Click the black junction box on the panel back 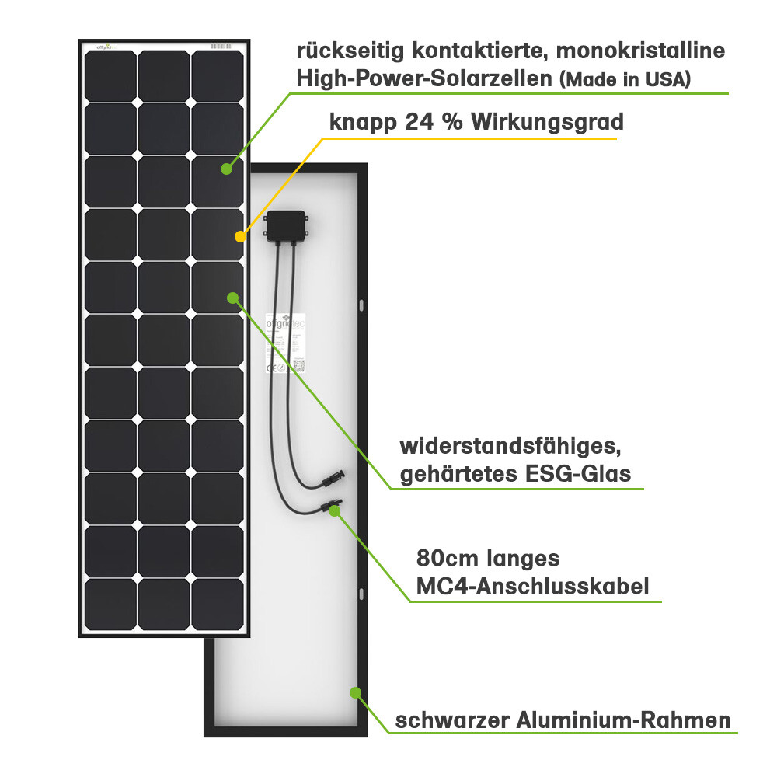pyautogui.click(x=287, y=225)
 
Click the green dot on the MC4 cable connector pyautogui.click(x=334, y=510)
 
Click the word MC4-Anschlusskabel pyautogui.click(x=532, y=585)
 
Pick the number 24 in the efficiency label pyautogui.click(x=422, y=123)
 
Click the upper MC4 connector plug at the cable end pyautogui.click(x=334, y=476)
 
